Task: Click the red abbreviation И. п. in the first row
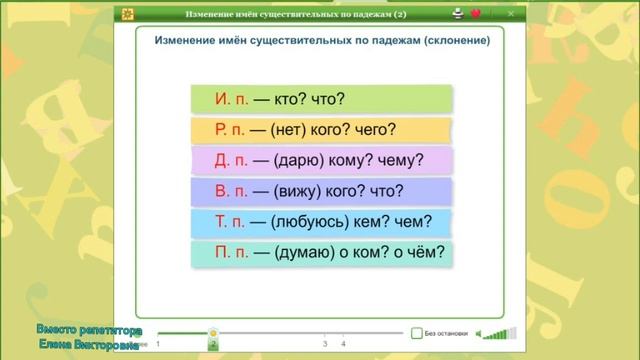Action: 231,99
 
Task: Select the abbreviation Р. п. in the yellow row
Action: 231,130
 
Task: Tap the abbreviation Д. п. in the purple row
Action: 232,161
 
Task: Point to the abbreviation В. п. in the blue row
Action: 231,192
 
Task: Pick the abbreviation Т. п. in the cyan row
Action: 231,223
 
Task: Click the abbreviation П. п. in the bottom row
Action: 232,253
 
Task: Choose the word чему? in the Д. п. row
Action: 403,161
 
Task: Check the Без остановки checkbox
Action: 416,333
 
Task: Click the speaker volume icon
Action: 482,334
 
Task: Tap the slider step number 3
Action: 325,344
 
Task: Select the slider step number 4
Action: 343,344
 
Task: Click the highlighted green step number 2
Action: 213,344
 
